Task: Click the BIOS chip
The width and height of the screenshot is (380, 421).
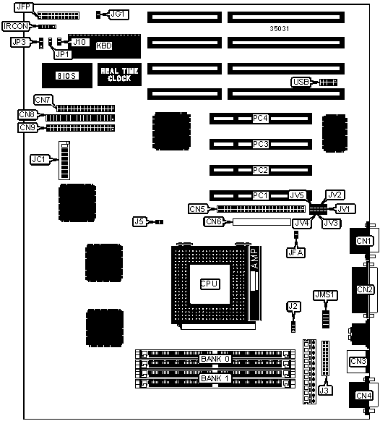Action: [67, 76]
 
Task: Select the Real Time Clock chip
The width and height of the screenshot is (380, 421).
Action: [119, 75]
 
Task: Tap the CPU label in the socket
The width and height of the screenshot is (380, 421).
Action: [210, 284]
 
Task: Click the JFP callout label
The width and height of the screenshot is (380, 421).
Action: [24, 7]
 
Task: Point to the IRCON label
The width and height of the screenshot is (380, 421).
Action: [16, 26]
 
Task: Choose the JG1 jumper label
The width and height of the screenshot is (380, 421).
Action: [118, 14]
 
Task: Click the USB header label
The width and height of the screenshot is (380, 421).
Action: [301, 82]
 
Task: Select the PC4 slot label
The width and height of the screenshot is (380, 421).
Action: [260, 118]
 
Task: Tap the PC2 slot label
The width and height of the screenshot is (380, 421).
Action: [260, 170]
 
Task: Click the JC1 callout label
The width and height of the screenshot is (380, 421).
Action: [39, 159]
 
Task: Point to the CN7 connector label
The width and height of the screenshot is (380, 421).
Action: [43, 100]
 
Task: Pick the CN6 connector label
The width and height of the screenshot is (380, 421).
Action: [214, 221]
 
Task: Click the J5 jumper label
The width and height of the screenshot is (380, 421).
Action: [139, 221]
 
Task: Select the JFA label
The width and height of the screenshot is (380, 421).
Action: [295, 252]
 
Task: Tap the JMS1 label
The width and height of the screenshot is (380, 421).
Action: [326, 295]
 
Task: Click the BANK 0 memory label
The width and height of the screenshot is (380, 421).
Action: [215, 359]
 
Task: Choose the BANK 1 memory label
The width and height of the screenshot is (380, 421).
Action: [215, 378]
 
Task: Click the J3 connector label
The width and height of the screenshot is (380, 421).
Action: [325, 390]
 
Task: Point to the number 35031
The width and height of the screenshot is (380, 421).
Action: [280, 28]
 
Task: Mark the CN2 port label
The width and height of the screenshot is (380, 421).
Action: [365, 289]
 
